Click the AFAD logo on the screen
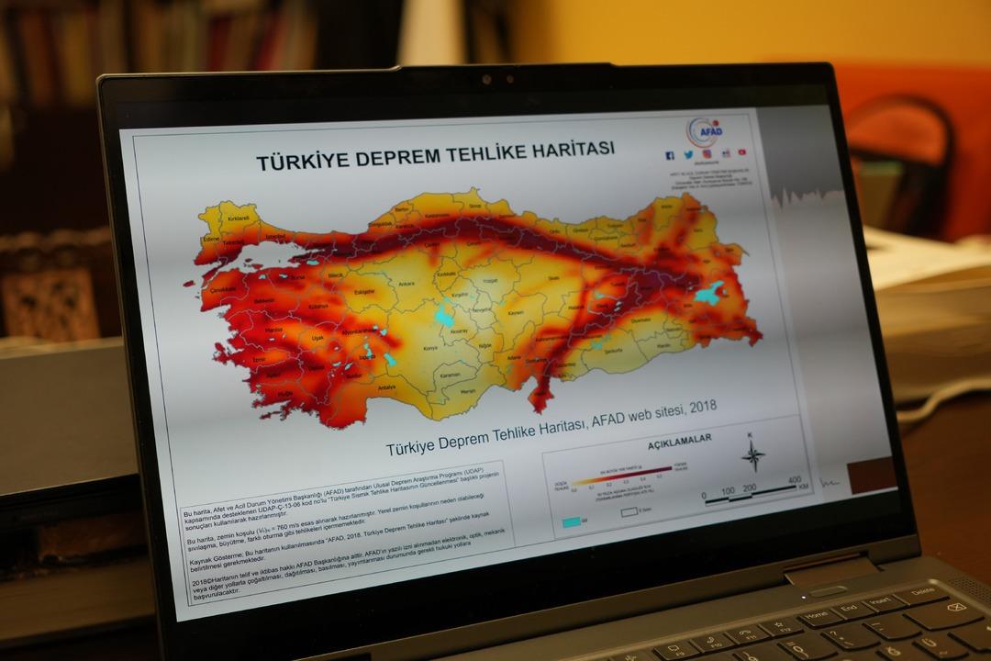point(705,130)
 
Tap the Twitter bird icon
point(687,155)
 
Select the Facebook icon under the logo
point(670,156)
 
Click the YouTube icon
point(741,152)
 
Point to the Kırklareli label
point(239,218)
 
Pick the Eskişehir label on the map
point(365,293)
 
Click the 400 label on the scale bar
point(794,480)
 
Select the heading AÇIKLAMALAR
point(680,441)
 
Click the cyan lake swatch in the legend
point(572,521)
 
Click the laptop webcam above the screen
point(487,80)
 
